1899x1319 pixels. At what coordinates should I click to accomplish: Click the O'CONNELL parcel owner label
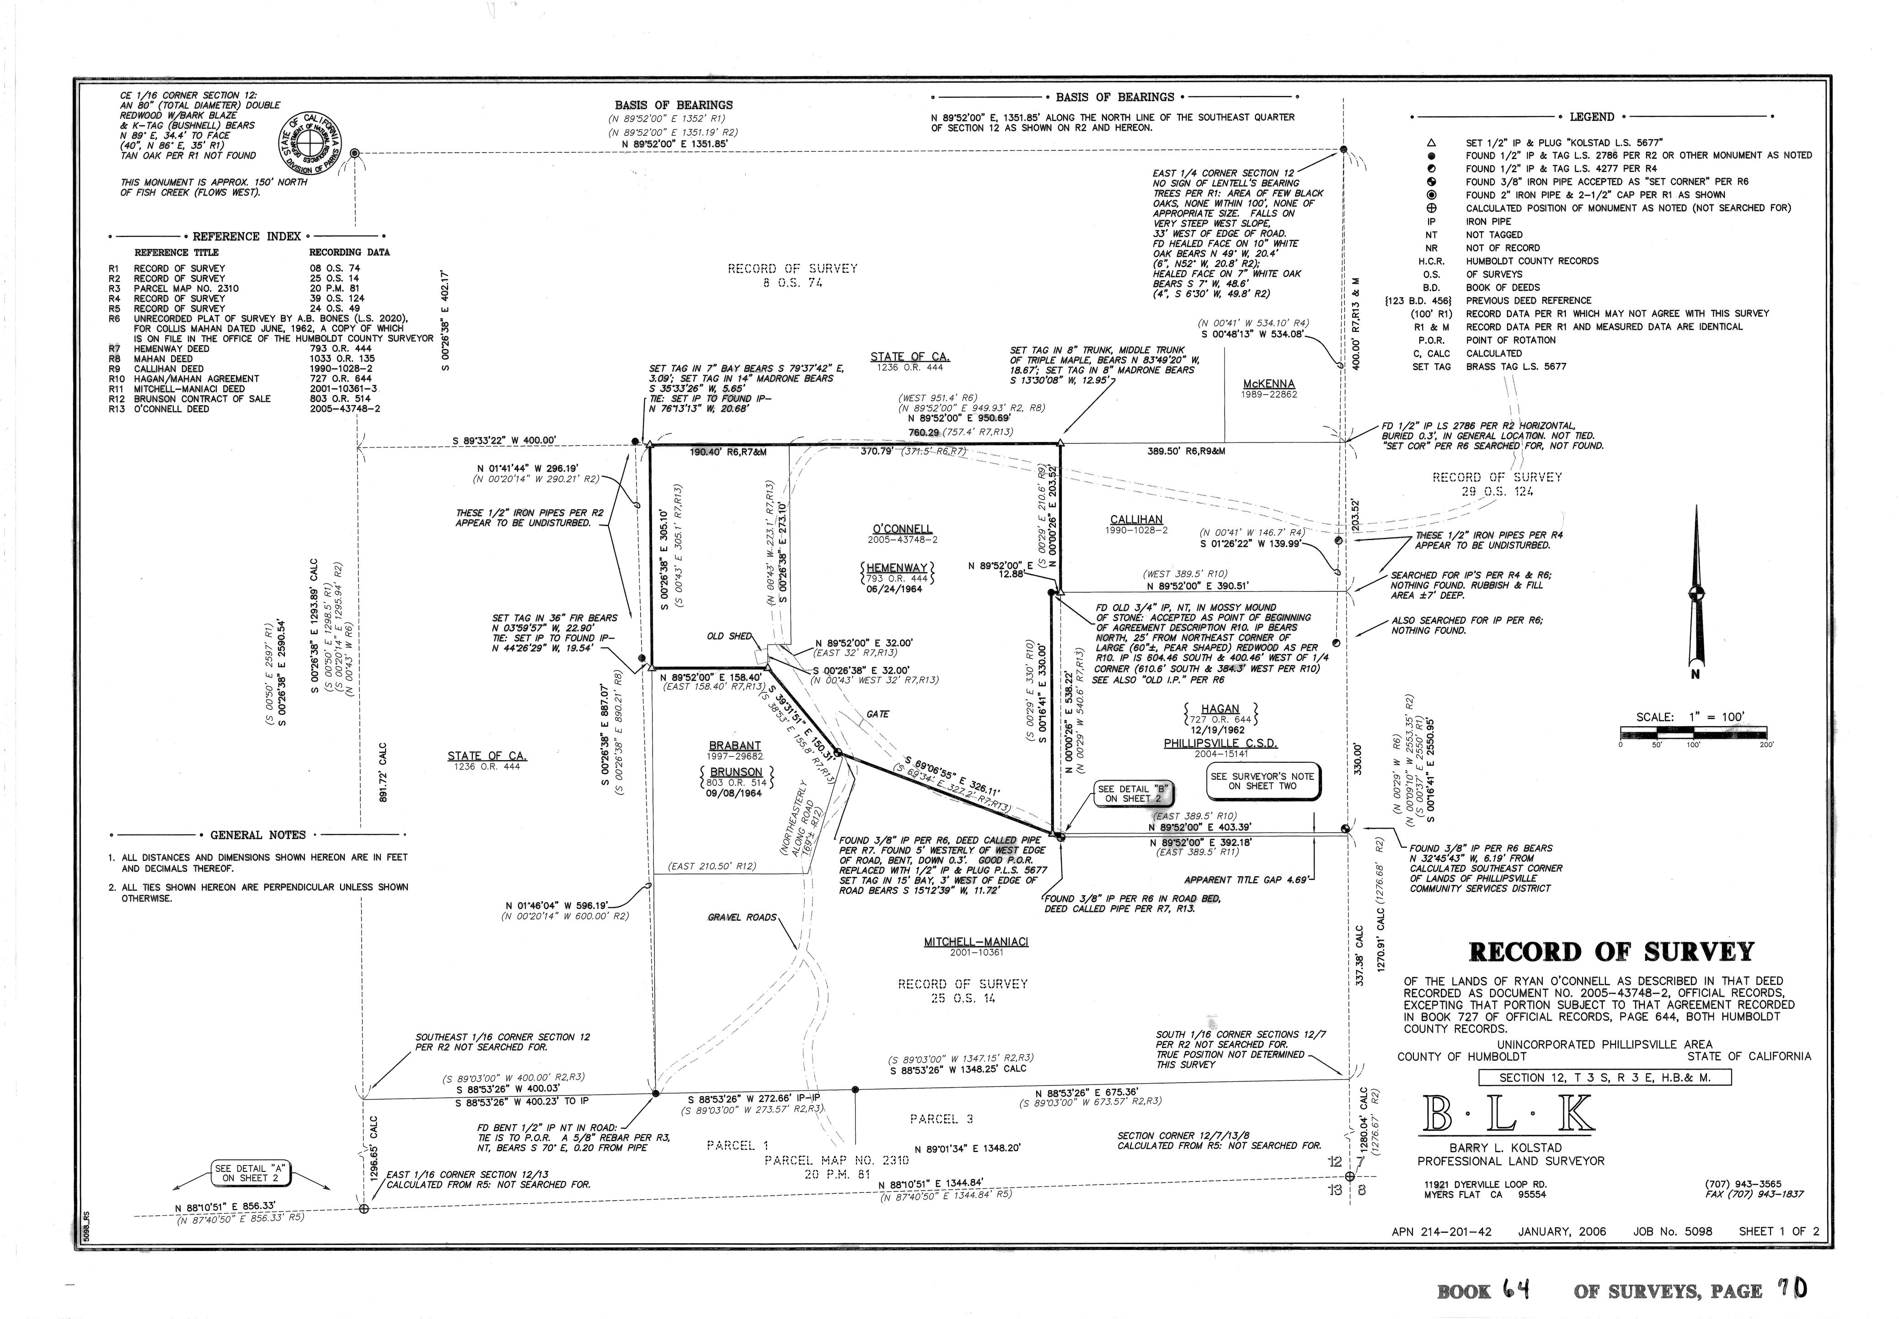902,529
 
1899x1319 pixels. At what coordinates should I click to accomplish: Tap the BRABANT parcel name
734,745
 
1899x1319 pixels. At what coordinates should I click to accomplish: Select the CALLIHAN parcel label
1136,520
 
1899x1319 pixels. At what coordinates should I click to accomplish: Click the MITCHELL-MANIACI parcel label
975,942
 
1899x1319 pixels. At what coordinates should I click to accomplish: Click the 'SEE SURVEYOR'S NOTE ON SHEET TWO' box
1262,781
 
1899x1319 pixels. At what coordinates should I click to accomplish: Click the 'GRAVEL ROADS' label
742,917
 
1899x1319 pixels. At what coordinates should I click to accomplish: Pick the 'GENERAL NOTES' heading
258,835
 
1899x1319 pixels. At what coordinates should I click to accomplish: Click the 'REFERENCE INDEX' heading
246,236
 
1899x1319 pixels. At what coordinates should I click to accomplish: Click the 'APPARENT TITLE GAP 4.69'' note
1246,880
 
